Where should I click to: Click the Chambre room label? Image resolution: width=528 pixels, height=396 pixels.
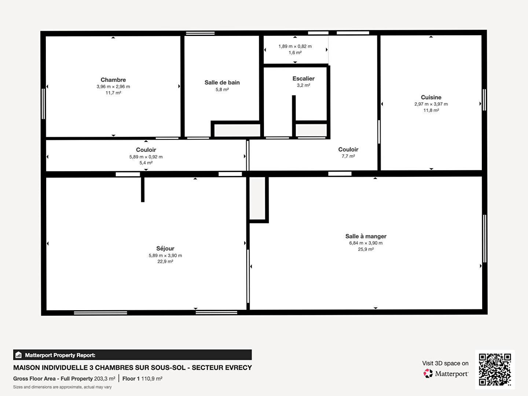[113, 80]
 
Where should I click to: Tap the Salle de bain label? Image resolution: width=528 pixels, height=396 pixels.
[222, 82]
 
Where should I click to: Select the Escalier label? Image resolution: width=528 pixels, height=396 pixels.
[303, 78]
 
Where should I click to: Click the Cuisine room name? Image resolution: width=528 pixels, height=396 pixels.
[431, 98]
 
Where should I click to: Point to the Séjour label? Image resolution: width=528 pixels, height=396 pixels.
[165, 249]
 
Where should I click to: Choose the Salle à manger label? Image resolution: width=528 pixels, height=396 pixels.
[366, 236]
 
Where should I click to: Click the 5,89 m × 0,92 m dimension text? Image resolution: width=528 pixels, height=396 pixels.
[146, 157]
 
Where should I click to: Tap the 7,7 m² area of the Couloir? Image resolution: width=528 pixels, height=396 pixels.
[348, 156]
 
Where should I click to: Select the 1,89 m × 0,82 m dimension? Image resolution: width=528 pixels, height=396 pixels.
[295, 46]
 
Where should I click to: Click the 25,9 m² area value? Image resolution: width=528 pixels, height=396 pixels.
[366, 249]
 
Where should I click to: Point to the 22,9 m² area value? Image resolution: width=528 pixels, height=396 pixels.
[165, 261]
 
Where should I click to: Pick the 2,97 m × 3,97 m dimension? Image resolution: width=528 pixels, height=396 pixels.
[431, 104]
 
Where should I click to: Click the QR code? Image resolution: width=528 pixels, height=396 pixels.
[495, 369]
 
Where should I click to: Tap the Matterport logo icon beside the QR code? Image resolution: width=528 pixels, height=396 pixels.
[428, 373]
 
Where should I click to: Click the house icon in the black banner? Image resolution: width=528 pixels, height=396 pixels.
[19, 355]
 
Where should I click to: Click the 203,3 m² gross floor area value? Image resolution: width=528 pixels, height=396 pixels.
[104, 379]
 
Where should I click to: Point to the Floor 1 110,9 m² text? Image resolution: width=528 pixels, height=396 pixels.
[142, 379]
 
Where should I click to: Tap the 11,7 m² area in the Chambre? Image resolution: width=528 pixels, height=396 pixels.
[113, 93]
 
